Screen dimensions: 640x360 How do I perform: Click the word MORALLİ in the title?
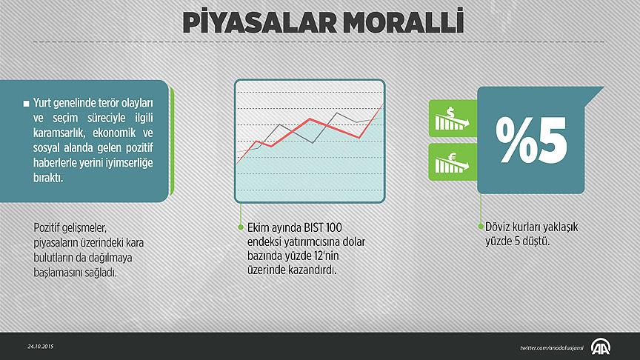tap(403, 21)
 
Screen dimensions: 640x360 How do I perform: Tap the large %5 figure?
tap(531, 140)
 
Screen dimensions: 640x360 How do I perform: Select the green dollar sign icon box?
tap(453, 119)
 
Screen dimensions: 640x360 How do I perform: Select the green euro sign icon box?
tap(453, 162)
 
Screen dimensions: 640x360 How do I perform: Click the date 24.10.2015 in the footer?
tap(41, 347)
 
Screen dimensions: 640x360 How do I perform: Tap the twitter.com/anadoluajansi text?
tap(551, 348)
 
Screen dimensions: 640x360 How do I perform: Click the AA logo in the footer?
tap(601, 347)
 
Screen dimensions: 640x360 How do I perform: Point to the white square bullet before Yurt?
tap(26, 104)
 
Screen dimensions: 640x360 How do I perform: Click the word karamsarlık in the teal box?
tap(59, 133)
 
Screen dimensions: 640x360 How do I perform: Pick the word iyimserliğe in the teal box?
tap(129, 163)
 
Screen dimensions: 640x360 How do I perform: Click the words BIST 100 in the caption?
tap(323, 227)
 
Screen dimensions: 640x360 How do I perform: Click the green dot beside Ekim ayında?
tap(241, 227)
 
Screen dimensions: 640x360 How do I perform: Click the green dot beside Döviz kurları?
tap(481, 227)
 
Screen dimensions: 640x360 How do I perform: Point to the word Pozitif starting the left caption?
tap(47, 227)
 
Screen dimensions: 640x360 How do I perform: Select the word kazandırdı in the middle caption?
tap(313, 270)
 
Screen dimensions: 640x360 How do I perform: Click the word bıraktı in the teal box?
tap(48, 178)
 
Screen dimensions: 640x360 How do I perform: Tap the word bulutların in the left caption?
tap(54, 258)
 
